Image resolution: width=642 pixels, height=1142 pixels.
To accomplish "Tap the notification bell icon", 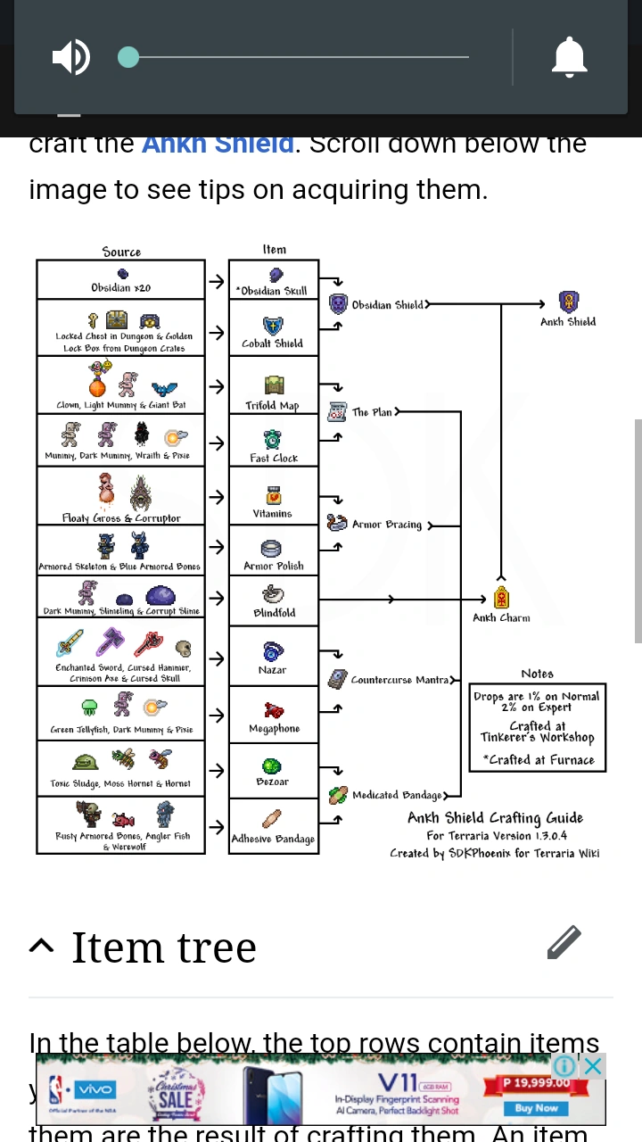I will click(x=570, y=58).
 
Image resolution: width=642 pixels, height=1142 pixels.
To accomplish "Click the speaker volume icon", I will click(x=71, y=58).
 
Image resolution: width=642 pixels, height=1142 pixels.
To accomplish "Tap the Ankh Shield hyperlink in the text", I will click(x=218, y=144).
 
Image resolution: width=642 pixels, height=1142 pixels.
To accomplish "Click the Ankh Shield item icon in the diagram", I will click(x=568, y=302).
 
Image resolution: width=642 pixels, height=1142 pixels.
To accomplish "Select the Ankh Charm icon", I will click(x=502, y=598).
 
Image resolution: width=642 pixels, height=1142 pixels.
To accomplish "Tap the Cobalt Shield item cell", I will click(x=273, y=331).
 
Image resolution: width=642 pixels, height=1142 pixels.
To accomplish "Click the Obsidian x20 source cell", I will click(x=121, y=279).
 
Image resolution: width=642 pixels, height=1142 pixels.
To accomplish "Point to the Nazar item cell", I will click(x=273, y=656).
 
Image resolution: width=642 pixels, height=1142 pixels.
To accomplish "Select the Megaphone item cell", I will click(x=273, y=716).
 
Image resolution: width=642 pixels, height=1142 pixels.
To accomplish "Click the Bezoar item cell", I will click(x=273, y=770).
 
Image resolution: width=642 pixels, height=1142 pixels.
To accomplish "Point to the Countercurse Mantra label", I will click(x=399, y=680).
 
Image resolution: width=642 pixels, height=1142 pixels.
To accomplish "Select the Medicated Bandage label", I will click(x=397, y=795).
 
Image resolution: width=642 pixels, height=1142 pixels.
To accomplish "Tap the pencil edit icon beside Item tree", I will click(x=564, y=942).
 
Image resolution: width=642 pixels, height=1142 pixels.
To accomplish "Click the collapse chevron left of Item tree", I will click(x=41, y=946).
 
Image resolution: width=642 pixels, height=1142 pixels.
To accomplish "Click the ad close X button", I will click(x=593, y=1065).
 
